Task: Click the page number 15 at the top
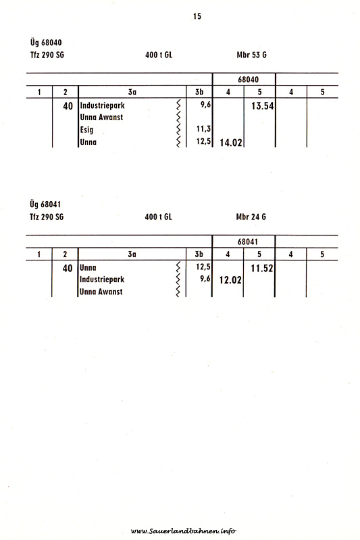197,16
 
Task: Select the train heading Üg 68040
46,43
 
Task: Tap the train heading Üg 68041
45,205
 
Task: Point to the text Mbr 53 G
251,55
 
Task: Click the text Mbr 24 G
251,217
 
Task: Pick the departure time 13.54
263,106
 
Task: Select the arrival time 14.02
231,142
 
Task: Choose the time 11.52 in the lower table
262,268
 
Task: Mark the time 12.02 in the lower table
230,279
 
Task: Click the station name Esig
86,130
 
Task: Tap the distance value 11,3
203,129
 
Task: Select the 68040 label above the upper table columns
248,80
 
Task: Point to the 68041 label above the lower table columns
247,242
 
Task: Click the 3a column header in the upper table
132,92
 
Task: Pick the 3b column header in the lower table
199,254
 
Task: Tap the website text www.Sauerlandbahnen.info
184,531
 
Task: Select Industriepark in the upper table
102,105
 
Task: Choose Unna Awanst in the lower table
101,292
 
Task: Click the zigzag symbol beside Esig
178,130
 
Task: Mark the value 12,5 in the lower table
203,267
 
